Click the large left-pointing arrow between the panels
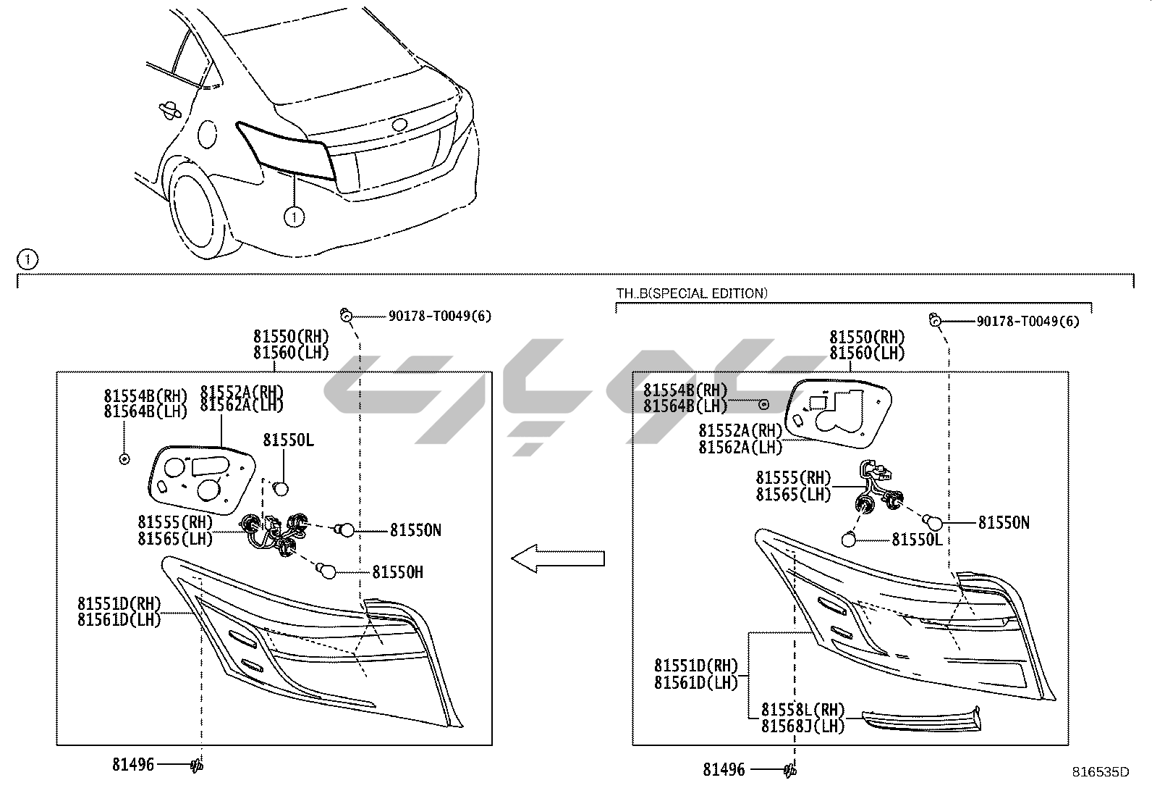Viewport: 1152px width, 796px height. tap(557, 558)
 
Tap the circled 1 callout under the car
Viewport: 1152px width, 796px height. tap(294, 216)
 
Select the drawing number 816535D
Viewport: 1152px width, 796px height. tap(1101, 771)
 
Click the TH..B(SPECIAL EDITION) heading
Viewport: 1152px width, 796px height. tap(692, 293)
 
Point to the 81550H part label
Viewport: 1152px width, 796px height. tap(397, 572)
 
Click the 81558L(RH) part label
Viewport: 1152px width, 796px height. tap(802, 711)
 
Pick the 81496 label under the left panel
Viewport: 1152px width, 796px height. tap(133, 764)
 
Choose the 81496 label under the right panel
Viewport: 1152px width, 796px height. tap(724, 770)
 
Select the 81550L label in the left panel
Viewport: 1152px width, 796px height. tap(288, 440)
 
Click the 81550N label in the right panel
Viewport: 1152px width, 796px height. tap(1004, 522)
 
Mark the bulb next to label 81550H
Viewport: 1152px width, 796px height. tap(327, 572)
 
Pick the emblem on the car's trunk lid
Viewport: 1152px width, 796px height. tap(399, 125)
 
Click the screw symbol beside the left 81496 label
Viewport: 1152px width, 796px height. tap(196, 764)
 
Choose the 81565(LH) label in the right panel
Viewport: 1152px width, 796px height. tap(793, 494)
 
